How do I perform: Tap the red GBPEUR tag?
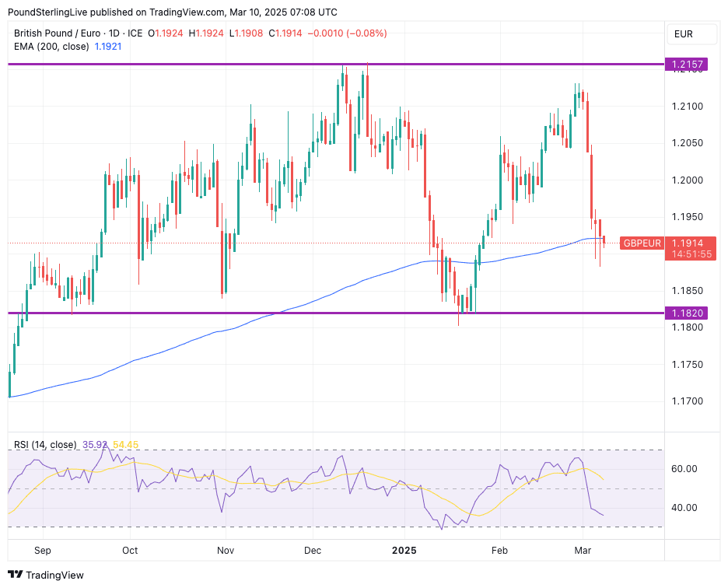tap(642, 243)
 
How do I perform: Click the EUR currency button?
tap(684, 34)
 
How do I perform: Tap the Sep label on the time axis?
tap(43, 551)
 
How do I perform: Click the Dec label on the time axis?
tap(313, 551)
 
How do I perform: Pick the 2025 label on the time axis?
tap(404, 551)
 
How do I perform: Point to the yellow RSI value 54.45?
tap(126, 445)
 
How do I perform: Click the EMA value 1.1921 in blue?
tap(107, 47)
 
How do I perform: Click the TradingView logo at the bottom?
tap(46, 576)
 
